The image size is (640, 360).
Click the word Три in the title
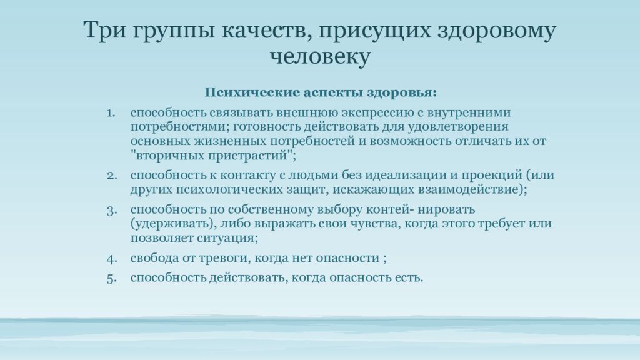105,30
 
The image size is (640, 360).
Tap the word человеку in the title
321,56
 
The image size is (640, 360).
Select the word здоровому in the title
496,31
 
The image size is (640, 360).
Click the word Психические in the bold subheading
252,92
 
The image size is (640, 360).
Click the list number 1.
111,112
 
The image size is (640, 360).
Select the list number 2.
112,175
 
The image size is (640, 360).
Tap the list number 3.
112,211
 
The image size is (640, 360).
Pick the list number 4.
112,258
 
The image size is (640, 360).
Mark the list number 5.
112,278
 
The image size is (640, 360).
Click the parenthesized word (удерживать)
173,224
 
